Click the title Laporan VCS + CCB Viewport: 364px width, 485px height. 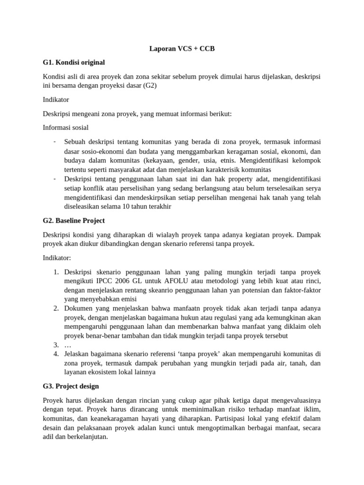pos(182,49)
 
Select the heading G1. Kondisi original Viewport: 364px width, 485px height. pos(73,63)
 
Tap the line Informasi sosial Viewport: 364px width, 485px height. pos(65,127)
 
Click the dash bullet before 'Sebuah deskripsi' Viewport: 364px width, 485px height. pos(55,142)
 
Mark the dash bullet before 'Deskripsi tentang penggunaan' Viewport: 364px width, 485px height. pos(55,179)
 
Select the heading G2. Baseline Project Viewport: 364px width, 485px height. pos(73,221)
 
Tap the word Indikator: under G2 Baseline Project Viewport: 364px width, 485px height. pos(57,258)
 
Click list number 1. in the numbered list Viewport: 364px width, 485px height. pos(55,272)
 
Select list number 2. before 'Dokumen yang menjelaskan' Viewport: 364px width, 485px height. pos(55,309)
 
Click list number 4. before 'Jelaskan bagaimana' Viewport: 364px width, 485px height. pos(55,354)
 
